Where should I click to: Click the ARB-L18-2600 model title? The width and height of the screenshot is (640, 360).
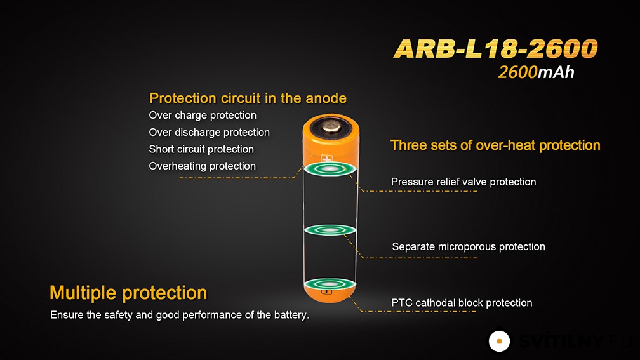(x=495, y=48)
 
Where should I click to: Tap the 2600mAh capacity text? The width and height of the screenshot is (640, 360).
(x=536, y=72)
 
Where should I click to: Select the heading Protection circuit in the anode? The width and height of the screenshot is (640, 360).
(x=248, y=98)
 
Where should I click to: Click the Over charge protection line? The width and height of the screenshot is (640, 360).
(x=203, y=116)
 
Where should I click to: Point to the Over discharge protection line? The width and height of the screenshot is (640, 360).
(x=209, y=132)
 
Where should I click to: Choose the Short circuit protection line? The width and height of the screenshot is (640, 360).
(x=201, y=149)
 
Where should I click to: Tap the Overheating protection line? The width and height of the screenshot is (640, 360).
(x=202, y=166)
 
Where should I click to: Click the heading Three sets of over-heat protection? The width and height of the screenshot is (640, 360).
(x=495, y=145)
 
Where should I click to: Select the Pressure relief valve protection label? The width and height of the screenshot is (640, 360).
(x=463, y=182)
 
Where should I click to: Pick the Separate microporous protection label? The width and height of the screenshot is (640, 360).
(x=468, y=246)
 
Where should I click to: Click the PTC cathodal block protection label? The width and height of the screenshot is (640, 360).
(x=462, y=303)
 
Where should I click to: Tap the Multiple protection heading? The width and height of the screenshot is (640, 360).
(x=128, y=293)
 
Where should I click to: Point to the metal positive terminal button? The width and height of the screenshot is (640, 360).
(x=331, y=127)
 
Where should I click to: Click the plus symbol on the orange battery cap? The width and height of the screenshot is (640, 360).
(x=327, y=158)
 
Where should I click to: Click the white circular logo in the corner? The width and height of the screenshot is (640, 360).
(x=499, y=341)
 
